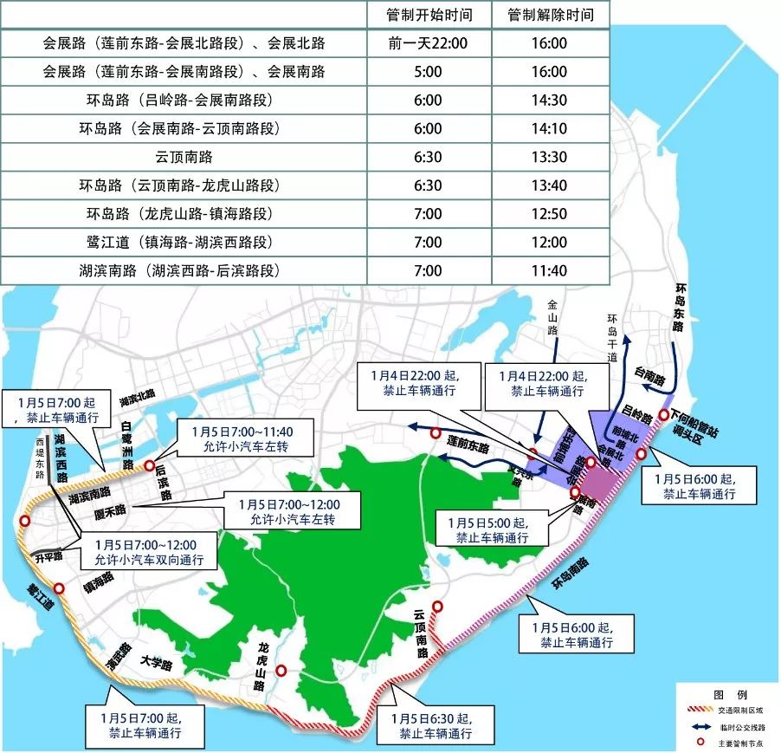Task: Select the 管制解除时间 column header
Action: tap(550, 15)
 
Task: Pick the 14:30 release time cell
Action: tap(550, 100)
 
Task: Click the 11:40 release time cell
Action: tap(550, 270)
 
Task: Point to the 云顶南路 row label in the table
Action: tap(184, 157)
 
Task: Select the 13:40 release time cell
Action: tap(550, 185)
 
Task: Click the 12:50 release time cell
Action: tap(550, 214)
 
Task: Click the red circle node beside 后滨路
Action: tap(149, 464)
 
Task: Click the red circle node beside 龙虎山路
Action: tap(281, 670)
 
